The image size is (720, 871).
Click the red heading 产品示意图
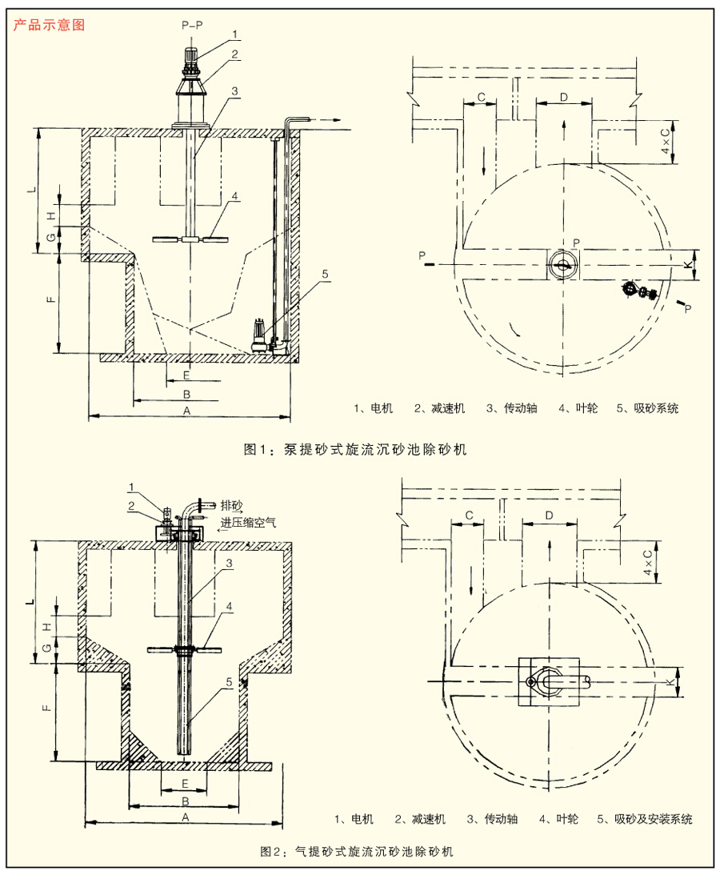pyautogui.click(x=49, y=24)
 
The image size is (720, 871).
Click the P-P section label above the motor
pyautogui.click(x=191, y=26)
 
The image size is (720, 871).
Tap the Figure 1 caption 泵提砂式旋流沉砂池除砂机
pyautogui.click(x=354, y=450)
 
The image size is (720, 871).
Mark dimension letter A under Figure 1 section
pyautogui.click(x=187, y=410)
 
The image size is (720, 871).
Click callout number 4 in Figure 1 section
pyautogui.click(x=234, y=195)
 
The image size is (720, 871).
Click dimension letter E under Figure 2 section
pyautogui.click(x=185, y=782)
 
